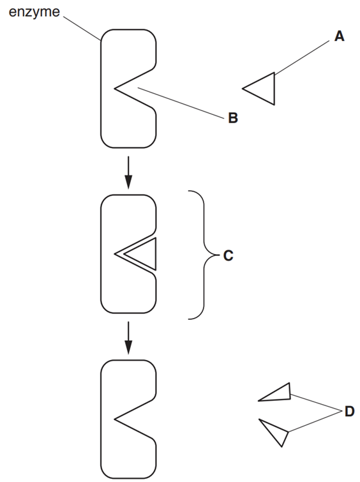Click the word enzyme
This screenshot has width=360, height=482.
pyautogui.click(x=34, y=13)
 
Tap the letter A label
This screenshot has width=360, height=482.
pyautogui.click(x=339, y=36)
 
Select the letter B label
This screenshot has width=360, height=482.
pyautogui.click(x=233, y=117)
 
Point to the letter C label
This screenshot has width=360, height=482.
pyautogui.click(x=228, y=256)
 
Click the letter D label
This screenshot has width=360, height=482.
pyautogui.click(x=350, y=411)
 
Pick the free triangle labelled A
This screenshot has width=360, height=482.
pyautogui.click(x=264, y=89)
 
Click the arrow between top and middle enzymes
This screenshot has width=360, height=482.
pyautogui.click(x=128, y=172)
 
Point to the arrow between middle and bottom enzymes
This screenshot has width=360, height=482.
pyautogui.click(x=128, y=338)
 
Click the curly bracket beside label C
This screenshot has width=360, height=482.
pyautogui.click(x=204, y=255)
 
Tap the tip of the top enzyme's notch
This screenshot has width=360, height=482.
pyautogui.click(x=115, y=89)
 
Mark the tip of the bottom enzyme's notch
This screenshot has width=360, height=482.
pyautogui.click(x=115, y=419)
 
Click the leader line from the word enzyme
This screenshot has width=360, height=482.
pyautogui.click(x=82, y=28)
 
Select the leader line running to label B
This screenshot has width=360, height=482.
pyautogui.click(x=181, y=103)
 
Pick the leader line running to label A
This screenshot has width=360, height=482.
pyautogui.click(x=301, y=57)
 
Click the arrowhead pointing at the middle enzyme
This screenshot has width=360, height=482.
pyautogui.click(x=128, y=182)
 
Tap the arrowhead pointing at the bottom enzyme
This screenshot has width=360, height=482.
pyautogui.click(x=128, y=347)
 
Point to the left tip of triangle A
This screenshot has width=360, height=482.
pyautogui.click(x=243, y=89)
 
